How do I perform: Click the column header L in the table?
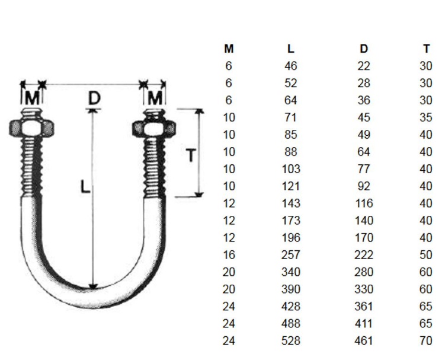point(290,49)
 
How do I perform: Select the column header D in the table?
point(364,49)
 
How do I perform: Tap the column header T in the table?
point(427,49)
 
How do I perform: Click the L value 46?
point(290,66)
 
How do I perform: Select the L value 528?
point(290,341)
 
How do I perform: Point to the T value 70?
point(426,341)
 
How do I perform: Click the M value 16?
point(229,255)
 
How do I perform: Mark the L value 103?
point(290,169)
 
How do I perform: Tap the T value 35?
point(426,117)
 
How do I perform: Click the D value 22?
point(364,66)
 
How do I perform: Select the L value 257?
point(290,255)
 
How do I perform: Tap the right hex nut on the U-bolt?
point(153,128)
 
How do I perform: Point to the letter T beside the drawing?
point(191,156)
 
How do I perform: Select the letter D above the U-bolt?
point(94,98)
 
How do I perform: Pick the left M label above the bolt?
point(32,97)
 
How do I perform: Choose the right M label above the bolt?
point(155,97)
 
